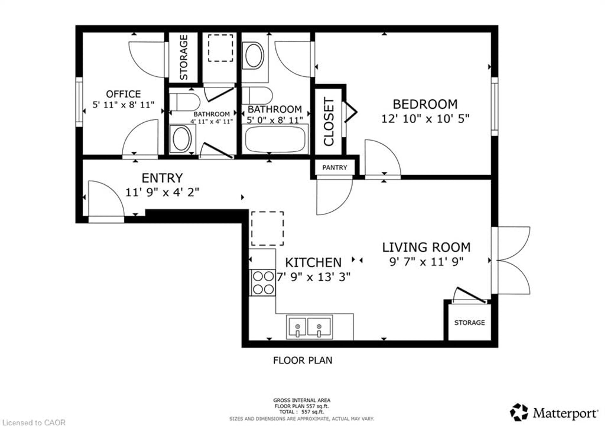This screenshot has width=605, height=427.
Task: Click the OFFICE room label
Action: (x=123, y=94)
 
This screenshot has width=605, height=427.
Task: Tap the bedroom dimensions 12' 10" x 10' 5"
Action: (x=425, y=119)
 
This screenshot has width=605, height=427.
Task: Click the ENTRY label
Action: (x=162, y=178)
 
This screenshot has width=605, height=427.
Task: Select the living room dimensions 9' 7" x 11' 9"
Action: (x=426, y=262)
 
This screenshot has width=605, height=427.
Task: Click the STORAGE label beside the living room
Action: (x=469, y=323)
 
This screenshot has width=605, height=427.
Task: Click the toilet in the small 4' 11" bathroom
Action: (x=184, y=102)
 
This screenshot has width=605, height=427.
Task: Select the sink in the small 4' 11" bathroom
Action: (x=181, y=139)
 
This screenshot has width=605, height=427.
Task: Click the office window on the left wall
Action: (x=79, y=102)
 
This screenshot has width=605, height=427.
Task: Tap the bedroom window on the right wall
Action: (x=494, y=106)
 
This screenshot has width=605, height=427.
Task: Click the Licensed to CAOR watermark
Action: (x=34, y=423)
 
